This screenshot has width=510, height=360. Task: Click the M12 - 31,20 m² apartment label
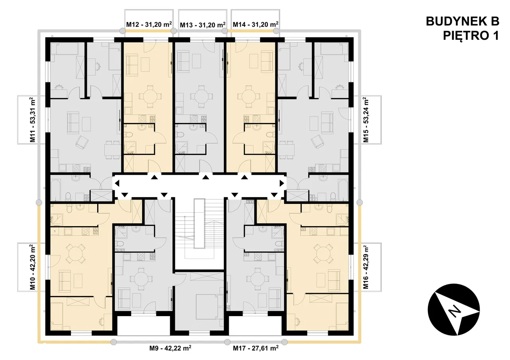coord(149,24)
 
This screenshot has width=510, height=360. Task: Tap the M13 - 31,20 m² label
coord(203,25)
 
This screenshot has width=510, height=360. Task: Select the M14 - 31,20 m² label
coord(255,24)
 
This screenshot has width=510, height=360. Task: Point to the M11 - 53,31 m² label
coord(33,120)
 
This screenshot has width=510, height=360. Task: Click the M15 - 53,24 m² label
coord(365,120)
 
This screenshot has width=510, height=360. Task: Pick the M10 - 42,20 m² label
coord(33,267)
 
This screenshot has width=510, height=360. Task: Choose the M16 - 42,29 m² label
coord(365,267)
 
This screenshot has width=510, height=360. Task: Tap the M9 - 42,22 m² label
coord(170,348)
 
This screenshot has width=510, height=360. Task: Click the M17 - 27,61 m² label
coord(255,348)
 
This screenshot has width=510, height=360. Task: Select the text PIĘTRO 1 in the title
coord(471,36)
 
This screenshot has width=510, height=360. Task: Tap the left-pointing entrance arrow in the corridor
coord(117,183)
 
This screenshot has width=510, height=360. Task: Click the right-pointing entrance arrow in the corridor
coord(282,183)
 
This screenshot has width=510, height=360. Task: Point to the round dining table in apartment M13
coord(201,96)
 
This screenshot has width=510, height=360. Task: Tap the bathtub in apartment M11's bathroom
coord(56,189)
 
